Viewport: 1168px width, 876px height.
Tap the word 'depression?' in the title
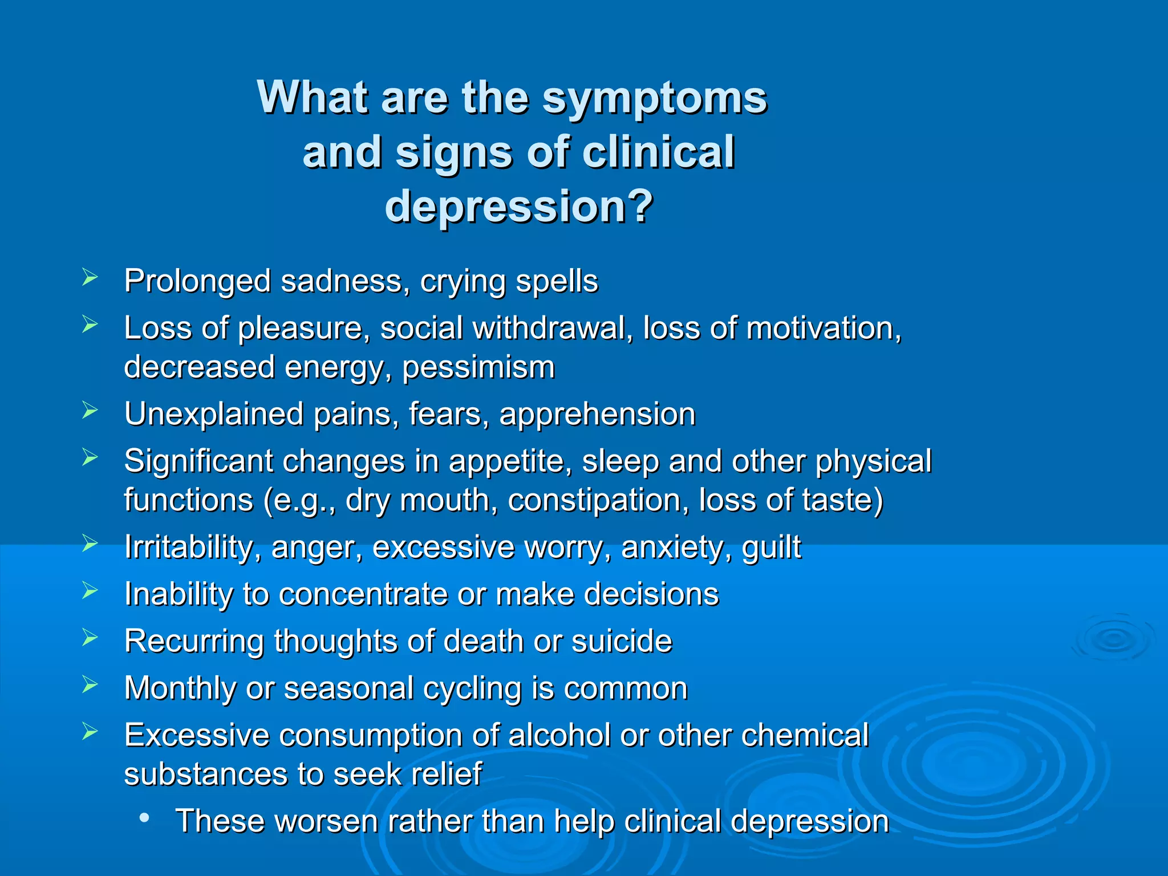point(519,206)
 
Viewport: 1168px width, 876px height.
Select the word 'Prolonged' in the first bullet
point(197,282)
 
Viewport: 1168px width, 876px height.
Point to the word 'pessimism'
point(478,367)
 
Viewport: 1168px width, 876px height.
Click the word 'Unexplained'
point(214,414)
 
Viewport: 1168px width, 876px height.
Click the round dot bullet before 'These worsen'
point(144,818)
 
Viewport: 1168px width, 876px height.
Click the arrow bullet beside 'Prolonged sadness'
point(90,278)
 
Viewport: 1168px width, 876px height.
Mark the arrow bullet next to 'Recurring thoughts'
point(90,638)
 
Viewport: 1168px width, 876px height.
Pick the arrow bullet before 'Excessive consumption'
point(90,731)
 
